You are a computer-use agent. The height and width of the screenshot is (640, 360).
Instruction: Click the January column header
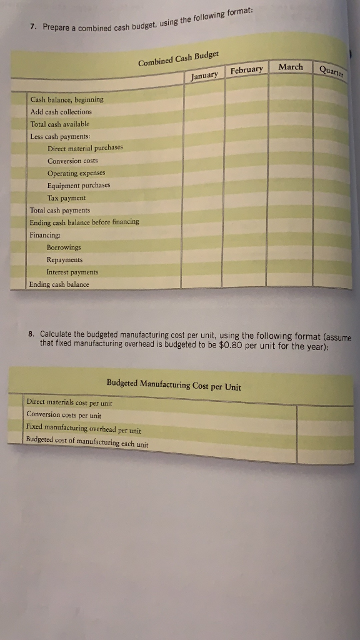tap(204, 75)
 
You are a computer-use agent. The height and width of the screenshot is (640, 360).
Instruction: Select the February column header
tap(246, 69)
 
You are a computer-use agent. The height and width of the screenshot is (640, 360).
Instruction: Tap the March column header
tap(290, 66)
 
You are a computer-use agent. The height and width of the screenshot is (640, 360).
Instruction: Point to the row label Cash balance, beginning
tap(67, 99)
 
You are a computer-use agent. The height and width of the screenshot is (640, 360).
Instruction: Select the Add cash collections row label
tap(61, 111)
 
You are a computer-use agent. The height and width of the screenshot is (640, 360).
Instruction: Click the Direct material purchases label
tap(85, 148)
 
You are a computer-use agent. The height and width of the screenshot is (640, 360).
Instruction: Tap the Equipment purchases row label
tap(79, 185)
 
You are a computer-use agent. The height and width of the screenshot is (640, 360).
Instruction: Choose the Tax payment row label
tap(66, 197)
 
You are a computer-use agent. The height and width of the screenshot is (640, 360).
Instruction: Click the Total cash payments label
tap(60, 210)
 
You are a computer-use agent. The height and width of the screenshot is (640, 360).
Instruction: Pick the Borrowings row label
tap(64, 247)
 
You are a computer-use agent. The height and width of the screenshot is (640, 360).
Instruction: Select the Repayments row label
tap(64, 259)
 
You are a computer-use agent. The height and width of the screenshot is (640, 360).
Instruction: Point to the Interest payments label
tap(72, 272)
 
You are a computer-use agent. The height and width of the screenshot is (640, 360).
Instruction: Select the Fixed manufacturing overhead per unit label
tap(84, 429)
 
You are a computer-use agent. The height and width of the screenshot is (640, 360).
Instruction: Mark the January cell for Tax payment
tap(203, 197)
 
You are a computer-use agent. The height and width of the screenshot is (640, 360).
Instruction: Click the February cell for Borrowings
tap(246, 247)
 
